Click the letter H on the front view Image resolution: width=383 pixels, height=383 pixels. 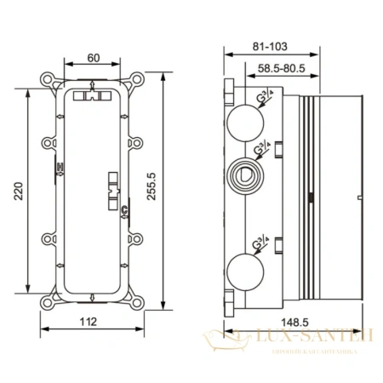59,167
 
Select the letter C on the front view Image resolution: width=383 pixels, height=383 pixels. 123,209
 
